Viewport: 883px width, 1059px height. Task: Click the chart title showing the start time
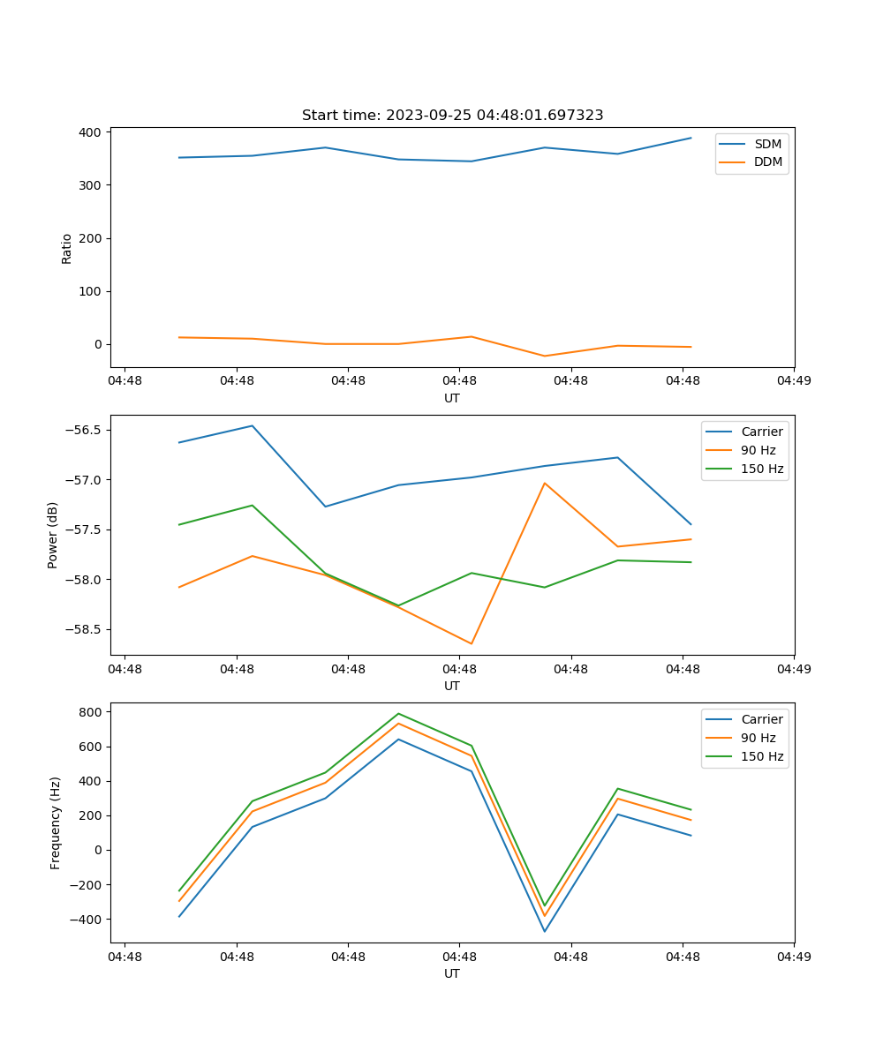point(452,116)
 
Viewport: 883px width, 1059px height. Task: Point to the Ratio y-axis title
point(67,248)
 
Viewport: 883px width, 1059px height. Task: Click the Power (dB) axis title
point(53,535)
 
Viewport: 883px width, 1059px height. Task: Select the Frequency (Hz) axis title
point(56,822)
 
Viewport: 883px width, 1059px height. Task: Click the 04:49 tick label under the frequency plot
point(793,956)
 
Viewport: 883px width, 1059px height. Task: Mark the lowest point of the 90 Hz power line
point(472,643)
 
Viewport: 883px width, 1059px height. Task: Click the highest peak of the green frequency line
point(398,713)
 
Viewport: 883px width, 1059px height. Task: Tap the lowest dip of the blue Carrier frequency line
point(545,931)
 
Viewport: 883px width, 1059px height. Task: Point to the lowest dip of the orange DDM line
point(545,356)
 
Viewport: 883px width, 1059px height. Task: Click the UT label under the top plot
point(452,398)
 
